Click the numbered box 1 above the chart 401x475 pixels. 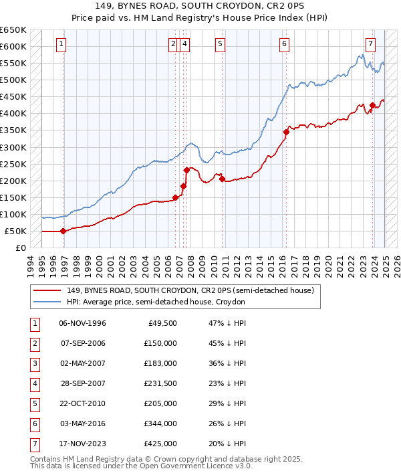[x=61, y=45]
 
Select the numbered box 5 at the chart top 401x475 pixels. [x=220, y=45]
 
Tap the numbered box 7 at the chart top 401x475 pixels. [x=370, y=45]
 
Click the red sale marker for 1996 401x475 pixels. [x=63, y=231]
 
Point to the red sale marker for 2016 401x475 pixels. [x=286, y=132]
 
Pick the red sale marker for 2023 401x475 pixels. [x=372, y=105]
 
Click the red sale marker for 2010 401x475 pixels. [x=223, y=179]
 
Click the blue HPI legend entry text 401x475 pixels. [x=156, y=302]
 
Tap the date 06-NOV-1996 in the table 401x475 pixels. [x=83, y=323]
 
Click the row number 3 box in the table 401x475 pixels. [x=34, y=363]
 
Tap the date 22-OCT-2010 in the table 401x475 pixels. [x=83, y=403]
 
